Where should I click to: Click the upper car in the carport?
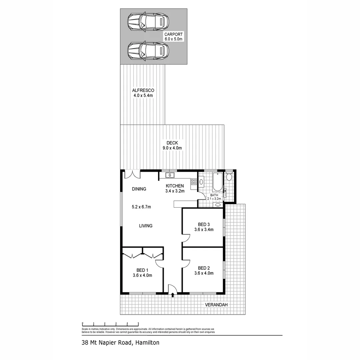(x=148, y=22)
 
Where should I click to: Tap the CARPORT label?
(x=173, y=34)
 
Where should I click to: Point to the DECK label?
(x=172, y=143)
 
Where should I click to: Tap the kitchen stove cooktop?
(x=194, y=182)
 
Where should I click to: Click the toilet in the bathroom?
(x=229, y=177)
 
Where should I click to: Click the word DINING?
(x=139, y=189)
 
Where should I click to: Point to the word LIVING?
(x=146, y=226)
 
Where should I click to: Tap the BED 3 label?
(x=204, y=224)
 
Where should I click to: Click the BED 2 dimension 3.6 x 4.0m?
(x=204, y=273)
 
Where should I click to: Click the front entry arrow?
(x=173, y=295)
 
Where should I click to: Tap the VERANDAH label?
(x=216, y=305)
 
